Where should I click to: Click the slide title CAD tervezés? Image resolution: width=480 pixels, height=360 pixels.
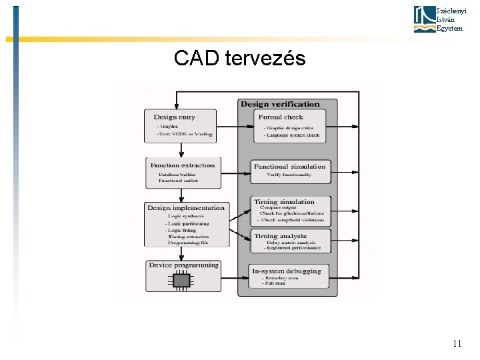[x=239, y=59]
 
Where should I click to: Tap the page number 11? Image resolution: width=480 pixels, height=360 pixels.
[x=457, y=344]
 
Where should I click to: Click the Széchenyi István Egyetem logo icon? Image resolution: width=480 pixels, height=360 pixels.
[x=424, y=19]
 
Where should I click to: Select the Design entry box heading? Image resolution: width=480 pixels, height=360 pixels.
[x=174, y=118]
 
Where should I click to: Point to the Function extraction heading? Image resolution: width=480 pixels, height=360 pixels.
[x=183, y=165]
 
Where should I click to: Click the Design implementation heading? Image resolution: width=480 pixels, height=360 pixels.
[x=186, y=208]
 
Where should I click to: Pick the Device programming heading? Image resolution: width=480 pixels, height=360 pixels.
[x=183, y=265]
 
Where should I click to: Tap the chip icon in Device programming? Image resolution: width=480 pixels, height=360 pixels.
[x=181, y=280]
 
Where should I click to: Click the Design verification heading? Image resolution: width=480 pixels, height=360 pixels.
[x=280, y=104]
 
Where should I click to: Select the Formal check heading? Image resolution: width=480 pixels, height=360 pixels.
[x=281, y=117]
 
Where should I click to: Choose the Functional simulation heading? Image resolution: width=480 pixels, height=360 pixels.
[x=289, y=166]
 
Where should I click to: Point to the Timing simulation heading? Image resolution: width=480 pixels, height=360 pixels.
[x=284, y=202]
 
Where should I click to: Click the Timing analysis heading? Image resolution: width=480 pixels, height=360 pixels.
[x=280, y=236]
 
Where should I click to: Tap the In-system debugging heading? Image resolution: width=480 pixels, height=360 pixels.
[x=287, y=271]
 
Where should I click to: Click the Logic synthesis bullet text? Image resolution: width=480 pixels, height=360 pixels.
[x=187, y=216]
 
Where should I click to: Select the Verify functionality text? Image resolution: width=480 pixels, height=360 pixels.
[x=289, y=175]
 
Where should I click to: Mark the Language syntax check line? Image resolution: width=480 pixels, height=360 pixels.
[x=292, y=135]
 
